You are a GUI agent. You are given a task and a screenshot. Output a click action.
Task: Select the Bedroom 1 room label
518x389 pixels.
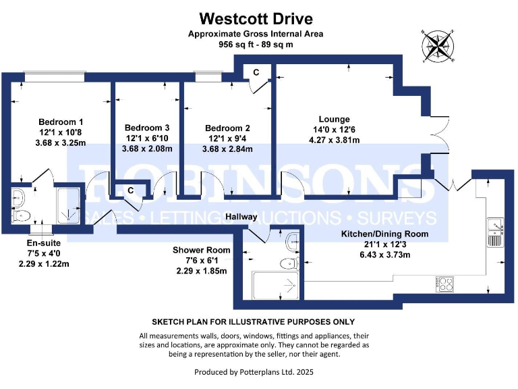click(x=61, y=122)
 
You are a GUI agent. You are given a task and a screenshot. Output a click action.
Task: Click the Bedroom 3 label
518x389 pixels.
click(x=147, y=128)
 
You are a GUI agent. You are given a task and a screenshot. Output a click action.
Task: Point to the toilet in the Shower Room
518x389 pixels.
click(x=291, y=262)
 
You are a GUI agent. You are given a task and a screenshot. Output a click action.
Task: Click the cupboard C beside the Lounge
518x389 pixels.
click(x=256, y=72)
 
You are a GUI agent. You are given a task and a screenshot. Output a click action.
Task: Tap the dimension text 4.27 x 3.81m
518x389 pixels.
click(x=324, y=140)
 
